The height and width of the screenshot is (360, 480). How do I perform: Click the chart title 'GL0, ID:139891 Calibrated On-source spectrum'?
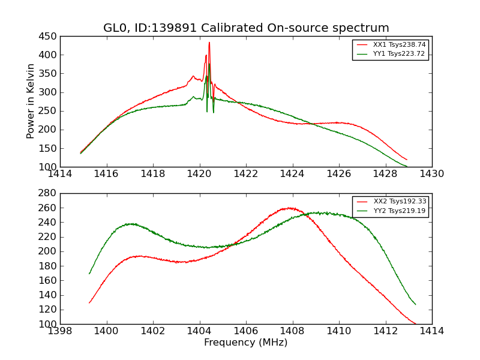[x=246, y=28]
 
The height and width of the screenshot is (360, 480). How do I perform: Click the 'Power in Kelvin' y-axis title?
[x=31, y=101]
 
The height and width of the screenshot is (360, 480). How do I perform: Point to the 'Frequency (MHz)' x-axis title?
[x=246, y=343]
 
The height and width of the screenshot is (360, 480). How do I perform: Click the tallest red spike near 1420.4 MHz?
[x=209, y=43]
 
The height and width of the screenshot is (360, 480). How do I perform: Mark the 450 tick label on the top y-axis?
[x=49, y=37]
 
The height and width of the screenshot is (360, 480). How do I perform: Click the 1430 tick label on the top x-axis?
[x=432, y=174]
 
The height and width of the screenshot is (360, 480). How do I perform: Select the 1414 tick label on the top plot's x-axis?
[x=60, y=174]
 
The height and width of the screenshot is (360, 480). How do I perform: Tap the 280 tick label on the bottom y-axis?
[x=49, y=193]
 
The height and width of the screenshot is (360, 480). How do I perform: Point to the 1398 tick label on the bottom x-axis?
[x=60, y=331]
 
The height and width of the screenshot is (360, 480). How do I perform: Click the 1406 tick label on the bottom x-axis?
[x=246, y=331]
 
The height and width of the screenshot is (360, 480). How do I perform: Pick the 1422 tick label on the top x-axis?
[x=246, y=174]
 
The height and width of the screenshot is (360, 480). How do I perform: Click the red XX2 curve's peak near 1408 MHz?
[x=290, y=208]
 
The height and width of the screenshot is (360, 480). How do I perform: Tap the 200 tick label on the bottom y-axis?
[x=49, y=251]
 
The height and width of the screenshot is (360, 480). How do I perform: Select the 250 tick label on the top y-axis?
[x=49, y=111]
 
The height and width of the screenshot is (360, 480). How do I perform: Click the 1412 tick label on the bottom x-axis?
[x=385, y=331]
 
